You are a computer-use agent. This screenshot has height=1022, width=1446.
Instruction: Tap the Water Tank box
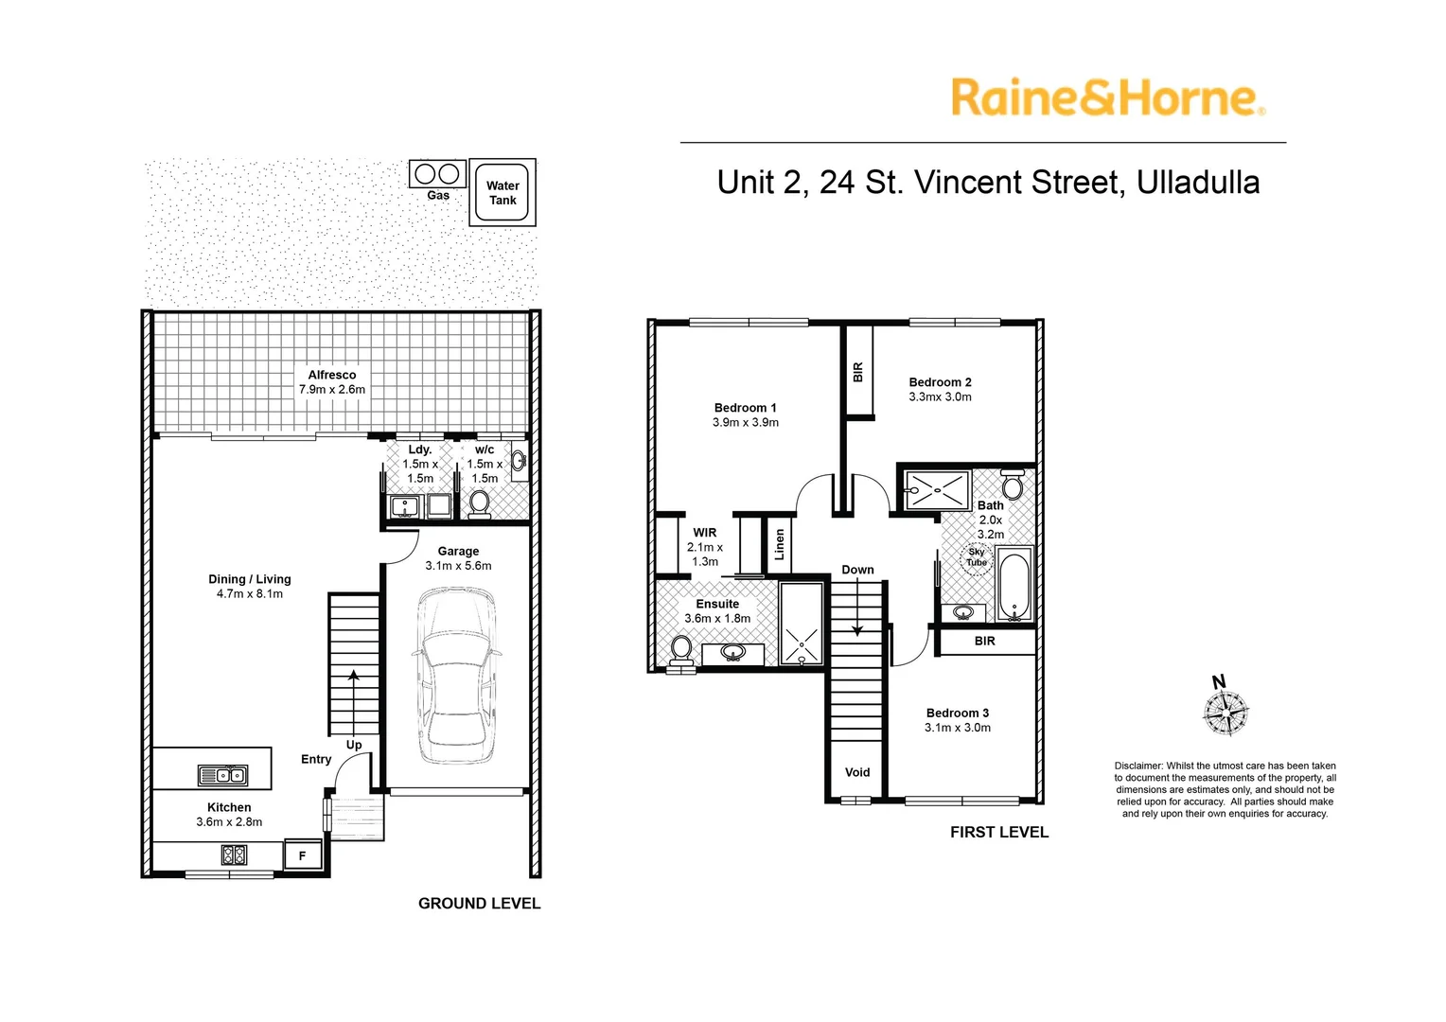pyautogui.click(x=503, y=192)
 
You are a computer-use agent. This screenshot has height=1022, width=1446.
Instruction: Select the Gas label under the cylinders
pyautogui.click(x=438, y=195)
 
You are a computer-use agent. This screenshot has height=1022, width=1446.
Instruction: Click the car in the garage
pyautogui.click(x=457, y=676)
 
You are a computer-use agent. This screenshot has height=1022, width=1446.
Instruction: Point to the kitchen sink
pyautogui.click(x=222, y=775)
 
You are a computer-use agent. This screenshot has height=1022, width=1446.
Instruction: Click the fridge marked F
pyautogui.click(x=303, y=856)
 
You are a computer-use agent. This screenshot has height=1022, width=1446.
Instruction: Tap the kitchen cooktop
pyautogui.click(x=235, y=855)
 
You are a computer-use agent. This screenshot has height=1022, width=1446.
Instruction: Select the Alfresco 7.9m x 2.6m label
pyautogui.click(x=332, y=382)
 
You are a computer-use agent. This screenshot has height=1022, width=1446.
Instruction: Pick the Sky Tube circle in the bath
pyautogui.click(x=977, y=557)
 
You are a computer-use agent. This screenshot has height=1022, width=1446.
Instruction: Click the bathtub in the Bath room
pyautogui.click(x=1014, y=584)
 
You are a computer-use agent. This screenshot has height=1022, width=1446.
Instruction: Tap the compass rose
pyautogui.click(x=1226, y=713)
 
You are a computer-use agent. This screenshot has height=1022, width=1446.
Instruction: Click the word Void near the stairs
pyautogui.click(x=857, y=772)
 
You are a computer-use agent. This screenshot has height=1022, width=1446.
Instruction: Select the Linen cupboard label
pyautogui.click(x=779, y=544)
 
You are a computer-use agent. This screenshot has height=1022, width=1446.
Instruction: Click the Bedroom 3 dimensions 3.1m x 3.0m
pyautogui.click(x=958, y=728)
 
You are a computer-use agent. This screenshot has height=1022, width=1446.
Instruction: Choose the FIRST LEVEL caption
pyautogui.click(x=999, y=832)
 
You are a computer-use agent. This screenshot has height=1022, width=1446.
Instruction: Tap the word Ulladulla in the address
pyautogui.click(x=1198, y=182)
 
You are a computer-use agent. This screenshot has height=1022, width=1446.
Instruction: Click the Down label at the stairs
pyautogui.click(x=857, y=570)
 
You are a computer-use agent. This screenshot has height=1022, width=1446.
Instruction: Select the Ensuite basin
pyautogui.click(x=732, y=653)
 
